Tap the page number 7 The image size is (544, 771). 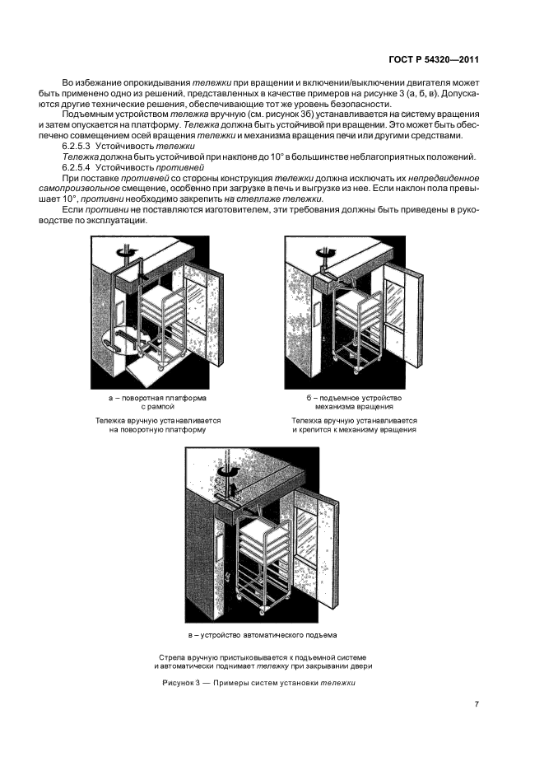(x=477, y=703)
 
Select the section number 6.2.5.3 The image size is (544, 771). (x=78, y=145)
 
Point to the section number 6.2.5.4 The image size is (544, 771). (x=78, y=166)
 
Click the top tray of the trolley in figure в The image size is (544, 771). (x=263, y=525)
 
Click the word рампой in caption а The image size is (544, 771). (x=155, y=407)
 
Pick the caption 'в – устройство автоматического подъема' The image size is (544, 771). (x=263, y=635)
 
